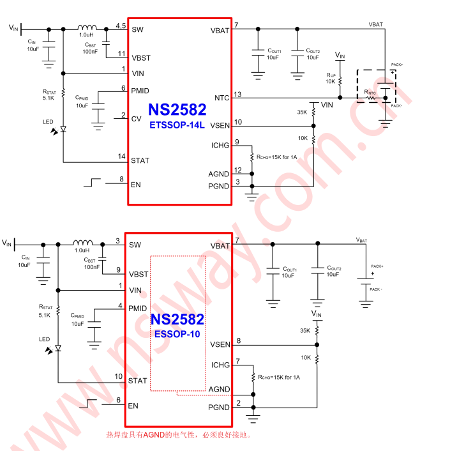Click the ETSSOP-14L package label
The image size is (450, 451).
[x=177, y=125]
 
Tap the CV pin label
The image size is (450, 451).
[x=136, y=119]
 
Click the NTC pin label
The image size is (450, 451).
[x=221, y=98]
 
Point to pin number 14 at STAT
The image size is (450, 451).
[x=121, y=156]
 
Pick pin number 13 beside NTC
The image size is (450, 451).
[x=238, y=95]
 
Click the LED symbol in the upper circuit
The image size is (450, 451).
[x=63, y=129]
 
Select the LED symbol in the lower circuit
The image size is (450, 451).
[x=57, y=348]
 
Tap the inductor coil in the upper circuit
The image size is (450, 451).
[x=87, y=28]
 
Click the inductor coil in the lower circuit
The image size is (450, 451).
[x=82, y=243]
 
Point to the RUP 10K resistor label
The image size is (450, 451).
[x=330, y=78]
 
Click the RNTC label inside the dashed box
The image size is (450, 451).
[x=370, y=93]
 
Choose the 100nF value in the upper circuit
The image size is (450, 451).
[x=91, y=52]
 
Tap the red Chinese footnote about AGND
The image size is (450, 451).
[x=179, y=435]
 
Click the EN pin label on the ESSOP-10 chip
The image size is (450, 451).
[x=133, y=406]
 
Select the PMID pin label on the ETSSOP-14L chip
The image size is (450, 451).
[x=140, y=91]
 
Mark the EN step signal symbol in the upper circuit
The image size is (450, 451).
[x=92, y=183]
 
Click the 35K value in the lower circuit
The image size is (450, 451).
[x=304, y=330]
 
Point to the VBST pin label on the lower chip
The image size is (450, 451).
[x=139, y=274]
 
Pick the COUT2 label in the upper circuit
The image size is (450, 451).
[x=313, y=51]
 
